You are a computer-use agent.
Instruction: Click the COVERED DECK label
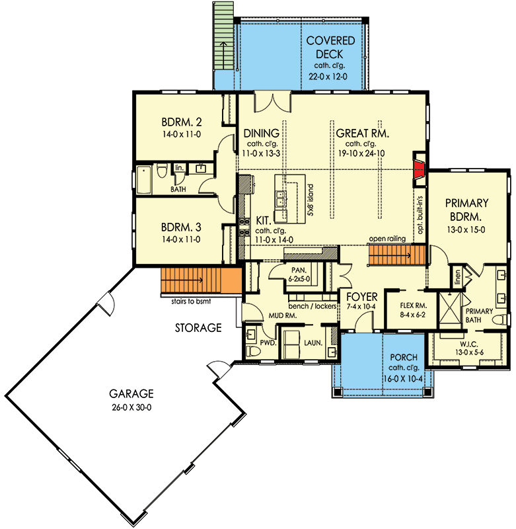click(x=330, y=48)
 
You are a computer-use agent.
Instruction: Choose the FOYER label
click(x=361, y=297)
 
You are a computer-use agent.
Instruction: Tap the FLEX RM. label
click(x=416, y=306)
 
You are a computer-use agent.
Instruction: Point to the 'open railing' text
click(x=388, y=239)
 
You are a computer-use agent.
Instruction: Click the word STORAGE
click(x=198, y=327)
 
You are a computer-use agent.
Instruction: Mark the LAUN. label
click(x=313, y=343)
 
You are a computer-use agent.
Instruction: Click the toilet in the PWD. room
click(x=252, y=349)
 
